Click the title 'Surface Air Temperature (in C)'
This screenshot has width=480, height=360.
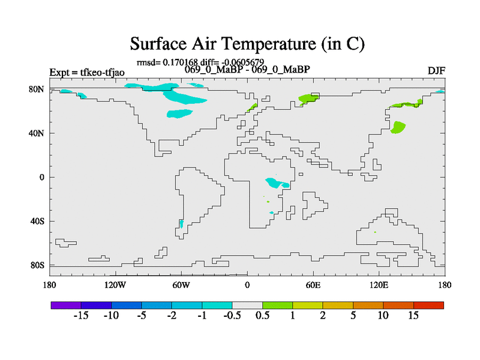(247, 44)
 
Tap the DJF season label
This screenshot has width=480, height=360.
(436, 71)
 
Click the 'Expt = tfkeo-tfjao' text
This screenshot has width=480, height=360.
(87, 72)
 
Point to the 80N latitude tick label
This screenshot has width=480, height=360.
(37, 89)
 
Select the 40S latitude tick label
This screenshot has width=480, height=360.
(37, 221)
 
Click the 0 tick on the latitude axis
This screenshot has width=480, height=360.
(41, 177)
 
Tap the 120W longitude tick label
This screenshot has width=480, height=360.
(115, 285)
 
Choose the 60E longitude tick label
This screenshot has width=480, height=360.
(313, 285)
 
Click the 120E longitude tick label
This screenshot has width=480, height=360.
(379, 285)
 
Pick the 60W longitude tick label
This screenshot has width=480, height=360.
(181, 285)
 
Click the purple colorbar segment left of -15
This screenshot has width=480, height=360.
(66, 305)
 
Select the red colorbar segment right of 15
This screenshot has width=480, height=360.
(428, 305)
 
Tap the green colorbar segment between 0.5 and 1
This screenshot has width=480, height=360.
(277, 305)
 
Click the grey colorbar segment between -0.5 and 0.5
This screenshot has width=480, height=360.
(247, 305)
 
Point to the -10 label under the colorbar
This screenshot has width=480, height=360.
(111, 316)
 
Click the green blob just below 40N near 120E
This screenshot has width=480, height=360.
(398, 127)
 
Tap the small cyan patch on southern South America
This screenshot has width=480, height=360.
(182, 224)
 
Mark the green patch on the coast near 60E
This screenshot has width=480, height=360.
(308, 98)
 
